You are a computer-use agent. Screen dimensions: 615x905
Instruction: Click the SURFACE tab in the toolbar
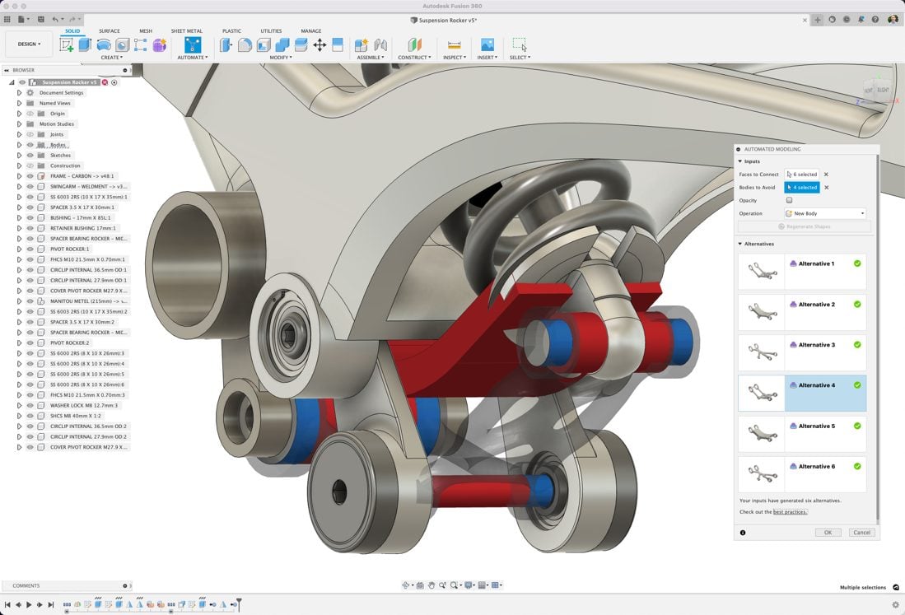point(109,31)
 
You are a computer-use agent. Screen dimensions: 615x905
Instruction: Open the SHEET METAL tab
point(186,31)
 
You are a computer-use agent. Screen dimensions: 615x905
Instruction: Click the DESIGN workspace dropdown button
point(29,44)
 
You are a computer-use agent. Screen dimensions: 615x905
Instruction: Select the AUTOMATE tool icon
point(192,44)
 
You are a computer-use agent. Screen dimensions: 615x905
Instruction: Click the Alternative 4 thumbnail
point(761,394)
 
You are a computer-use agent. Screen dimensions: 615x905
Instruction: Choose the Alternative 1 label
point(816,264)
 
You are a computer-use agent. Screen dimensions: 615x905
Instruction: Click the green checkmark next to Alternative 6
point(857,466)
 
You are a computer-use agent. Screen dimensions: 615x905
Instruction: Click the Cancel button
point(861,533)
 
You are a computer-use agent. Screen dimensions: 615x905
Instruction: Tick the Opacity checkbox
point(789,200)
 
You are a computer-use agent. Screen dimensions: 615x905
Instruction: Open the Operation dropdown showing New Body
point(824,213)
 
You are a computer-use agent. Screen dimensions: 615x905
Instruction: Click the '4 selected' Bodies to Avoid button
point(801,188)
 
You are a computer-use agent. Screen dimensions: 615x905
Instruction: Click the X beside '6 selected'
point(826,175)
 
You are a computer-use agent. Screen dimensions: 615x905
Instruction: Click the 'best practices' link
point(790,512)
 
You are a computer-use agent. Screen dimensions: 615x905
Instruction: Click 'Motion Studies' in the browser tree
point(56,124)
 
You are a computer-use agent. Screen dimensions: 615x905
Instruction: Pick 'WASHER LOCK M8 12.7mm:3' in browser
point(83,405)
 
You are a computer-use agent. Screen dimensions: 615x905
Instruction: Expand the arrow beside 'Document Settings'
point(19,93)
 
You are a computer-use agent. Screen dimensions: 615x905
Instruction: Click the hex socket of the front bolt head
point(340,492)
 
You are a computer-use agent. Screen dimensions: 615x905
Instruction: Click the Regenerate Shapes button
point(804,226)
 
